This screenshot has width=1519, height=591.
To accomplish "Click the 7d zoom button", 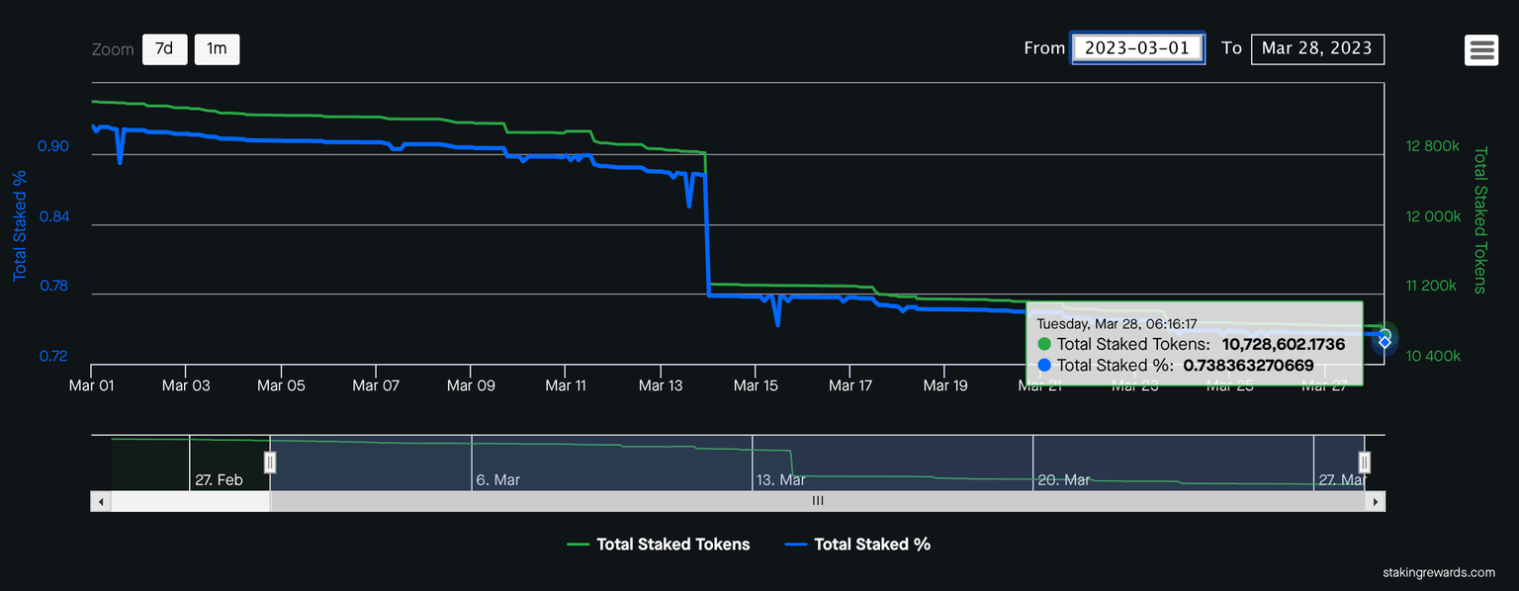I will (164, 49).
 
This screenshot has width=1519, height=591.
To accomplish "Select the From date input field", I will (1138, 48).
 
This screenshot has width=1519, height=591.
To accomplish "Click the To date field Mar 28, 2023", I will (1317, 48).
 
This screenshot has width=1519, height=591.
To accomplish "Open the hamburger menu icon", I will (1482, 50).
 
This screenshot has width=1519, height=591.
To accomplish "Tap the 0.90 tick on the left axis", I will (53, 147).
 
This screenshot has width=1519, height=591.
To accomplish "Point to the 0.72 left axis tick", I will (53, 356).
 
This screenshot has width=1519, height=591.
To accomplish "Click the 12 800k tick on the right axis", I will (1432, 146).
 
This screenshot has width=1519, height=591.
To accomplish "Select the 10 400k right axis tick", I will (1432, 356).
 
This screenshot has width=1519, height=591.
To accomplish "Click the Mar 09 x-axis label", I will (471, 386).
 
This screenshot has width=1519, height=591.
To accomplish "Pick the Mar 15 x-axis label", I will (756, 386).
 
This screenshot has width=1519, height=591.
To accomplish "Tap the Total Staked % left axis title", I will (19, 225).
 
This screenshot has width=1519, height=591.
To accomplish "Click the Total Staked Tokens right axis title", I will (1480, 220).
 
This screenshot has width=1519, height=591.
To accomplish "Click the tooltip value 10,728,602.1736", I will (1284, 345).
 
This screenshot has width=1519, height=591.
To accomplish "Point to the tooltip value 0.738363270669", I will (1248, 366).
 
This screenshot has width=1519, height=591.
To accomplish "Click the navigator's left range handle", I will (270, 462).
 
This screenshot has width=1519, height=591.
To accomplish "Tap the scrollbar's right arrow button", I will (1376, 501).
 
